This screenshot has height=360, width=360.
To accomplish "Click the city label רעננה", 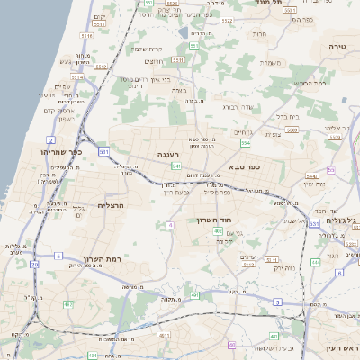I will pyautogui.click(x=168, y=155).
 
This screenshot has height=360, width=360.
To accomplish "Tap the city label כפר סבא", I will pyautogui.click(x=246, y=166).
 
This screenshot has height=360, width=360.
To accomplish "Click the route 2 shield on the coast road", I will pyautogui.click(x=52, y=140).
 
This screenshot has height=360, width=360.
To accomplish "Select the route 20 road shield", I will pyautogui.click(x=34, y=265).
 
